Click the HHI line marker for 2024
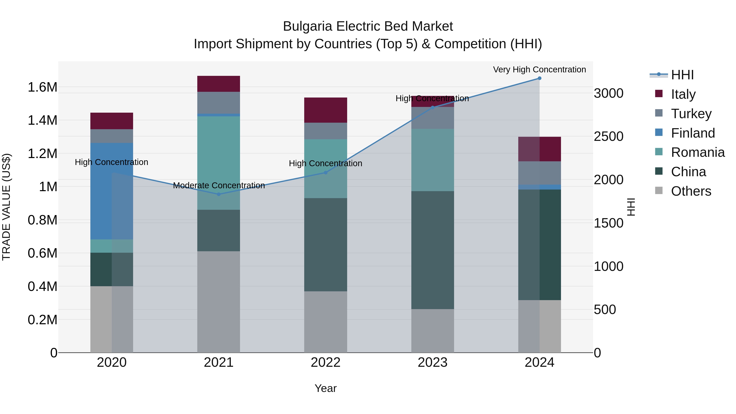540,78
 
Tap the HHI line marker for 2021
219,194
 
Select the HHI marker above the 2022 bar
325,173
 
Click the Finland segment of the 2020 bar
111,191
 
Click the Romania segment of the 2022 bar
325,169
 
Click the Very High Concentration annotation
540,70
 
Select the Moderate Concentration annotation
219,185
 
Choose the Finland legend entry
693,133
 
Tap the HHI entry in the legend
682,75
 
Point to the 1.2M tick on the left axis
42,154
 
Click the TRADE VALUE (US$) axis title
6,207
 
